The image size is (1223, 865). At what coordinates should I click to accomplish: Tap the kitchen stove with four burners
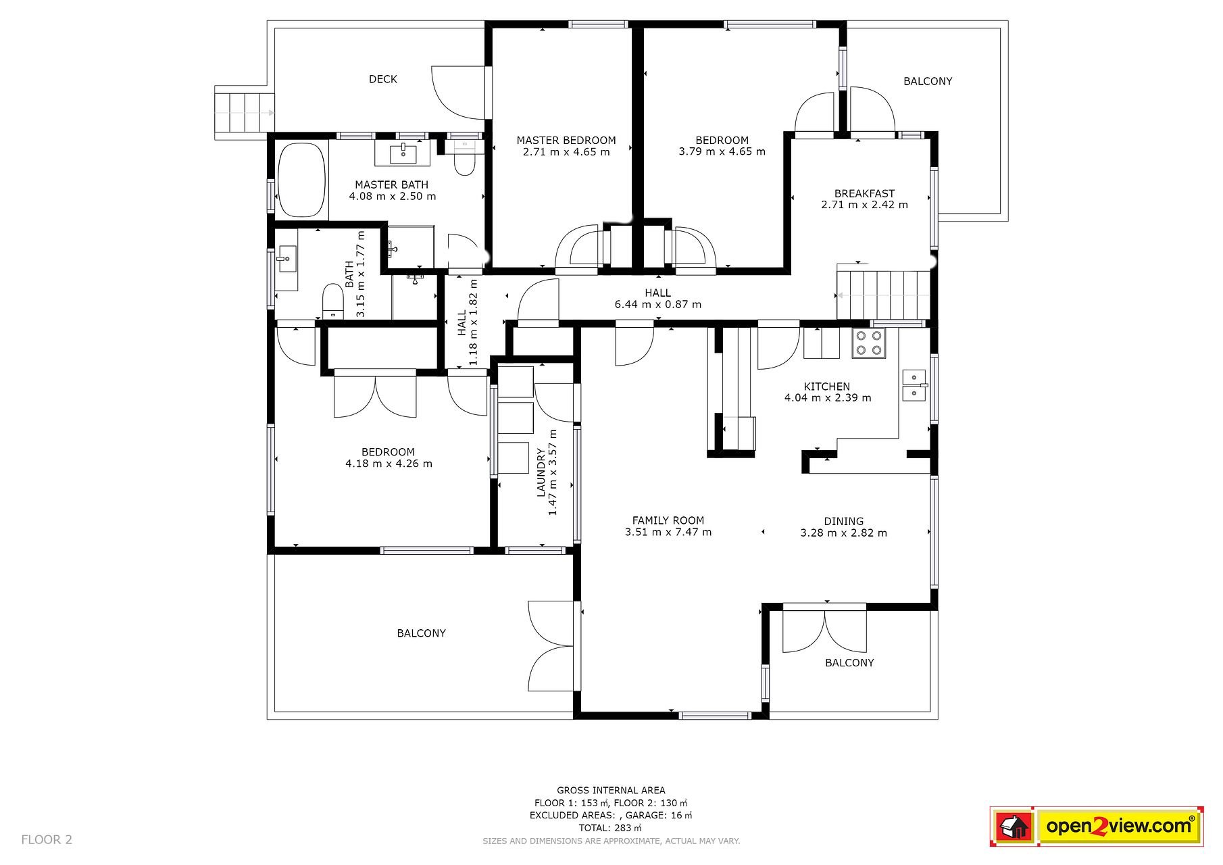(869, 343)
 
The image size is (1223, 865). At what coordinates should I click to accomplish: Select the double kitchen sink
(914, 385)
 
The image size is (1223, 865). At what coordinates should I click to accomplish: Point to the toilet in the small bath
(332, 301)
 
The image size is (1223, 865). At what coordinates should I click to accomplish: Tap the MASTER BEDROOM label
(566, 141)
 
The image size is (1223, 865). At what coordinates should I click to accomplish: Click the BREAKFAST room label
(864, 193)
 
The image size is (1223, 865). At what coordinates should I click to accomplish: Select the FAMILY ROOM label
(668, 520)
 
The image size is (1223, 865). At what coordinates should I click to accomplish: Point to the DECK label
(383, 79)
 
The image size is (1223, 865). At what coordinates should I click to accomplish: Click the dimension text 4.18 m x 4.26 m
(389, 464)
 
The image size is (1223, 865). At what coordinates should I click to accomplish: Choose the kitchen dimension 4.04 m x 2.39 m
(828, 398)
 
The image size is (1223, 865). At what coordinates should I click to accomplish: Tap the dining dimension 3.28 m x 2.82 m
(844, 533)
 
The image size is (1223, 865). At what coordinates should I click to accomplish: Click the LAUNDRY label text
(541, 472)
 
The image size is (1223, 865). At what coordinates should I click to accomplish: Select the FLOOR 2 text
(47, 840)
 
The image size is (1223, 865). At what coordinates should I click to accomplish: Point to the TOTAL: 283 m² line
(610, 828)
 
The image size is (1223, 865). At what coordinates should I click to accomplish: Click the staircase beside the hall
(882, 295)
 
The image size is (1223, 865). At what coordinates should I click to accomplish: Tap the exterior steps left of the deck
(244, 113)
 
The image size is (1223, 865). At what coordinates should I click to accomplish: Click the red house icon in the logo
(1013, 826)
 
